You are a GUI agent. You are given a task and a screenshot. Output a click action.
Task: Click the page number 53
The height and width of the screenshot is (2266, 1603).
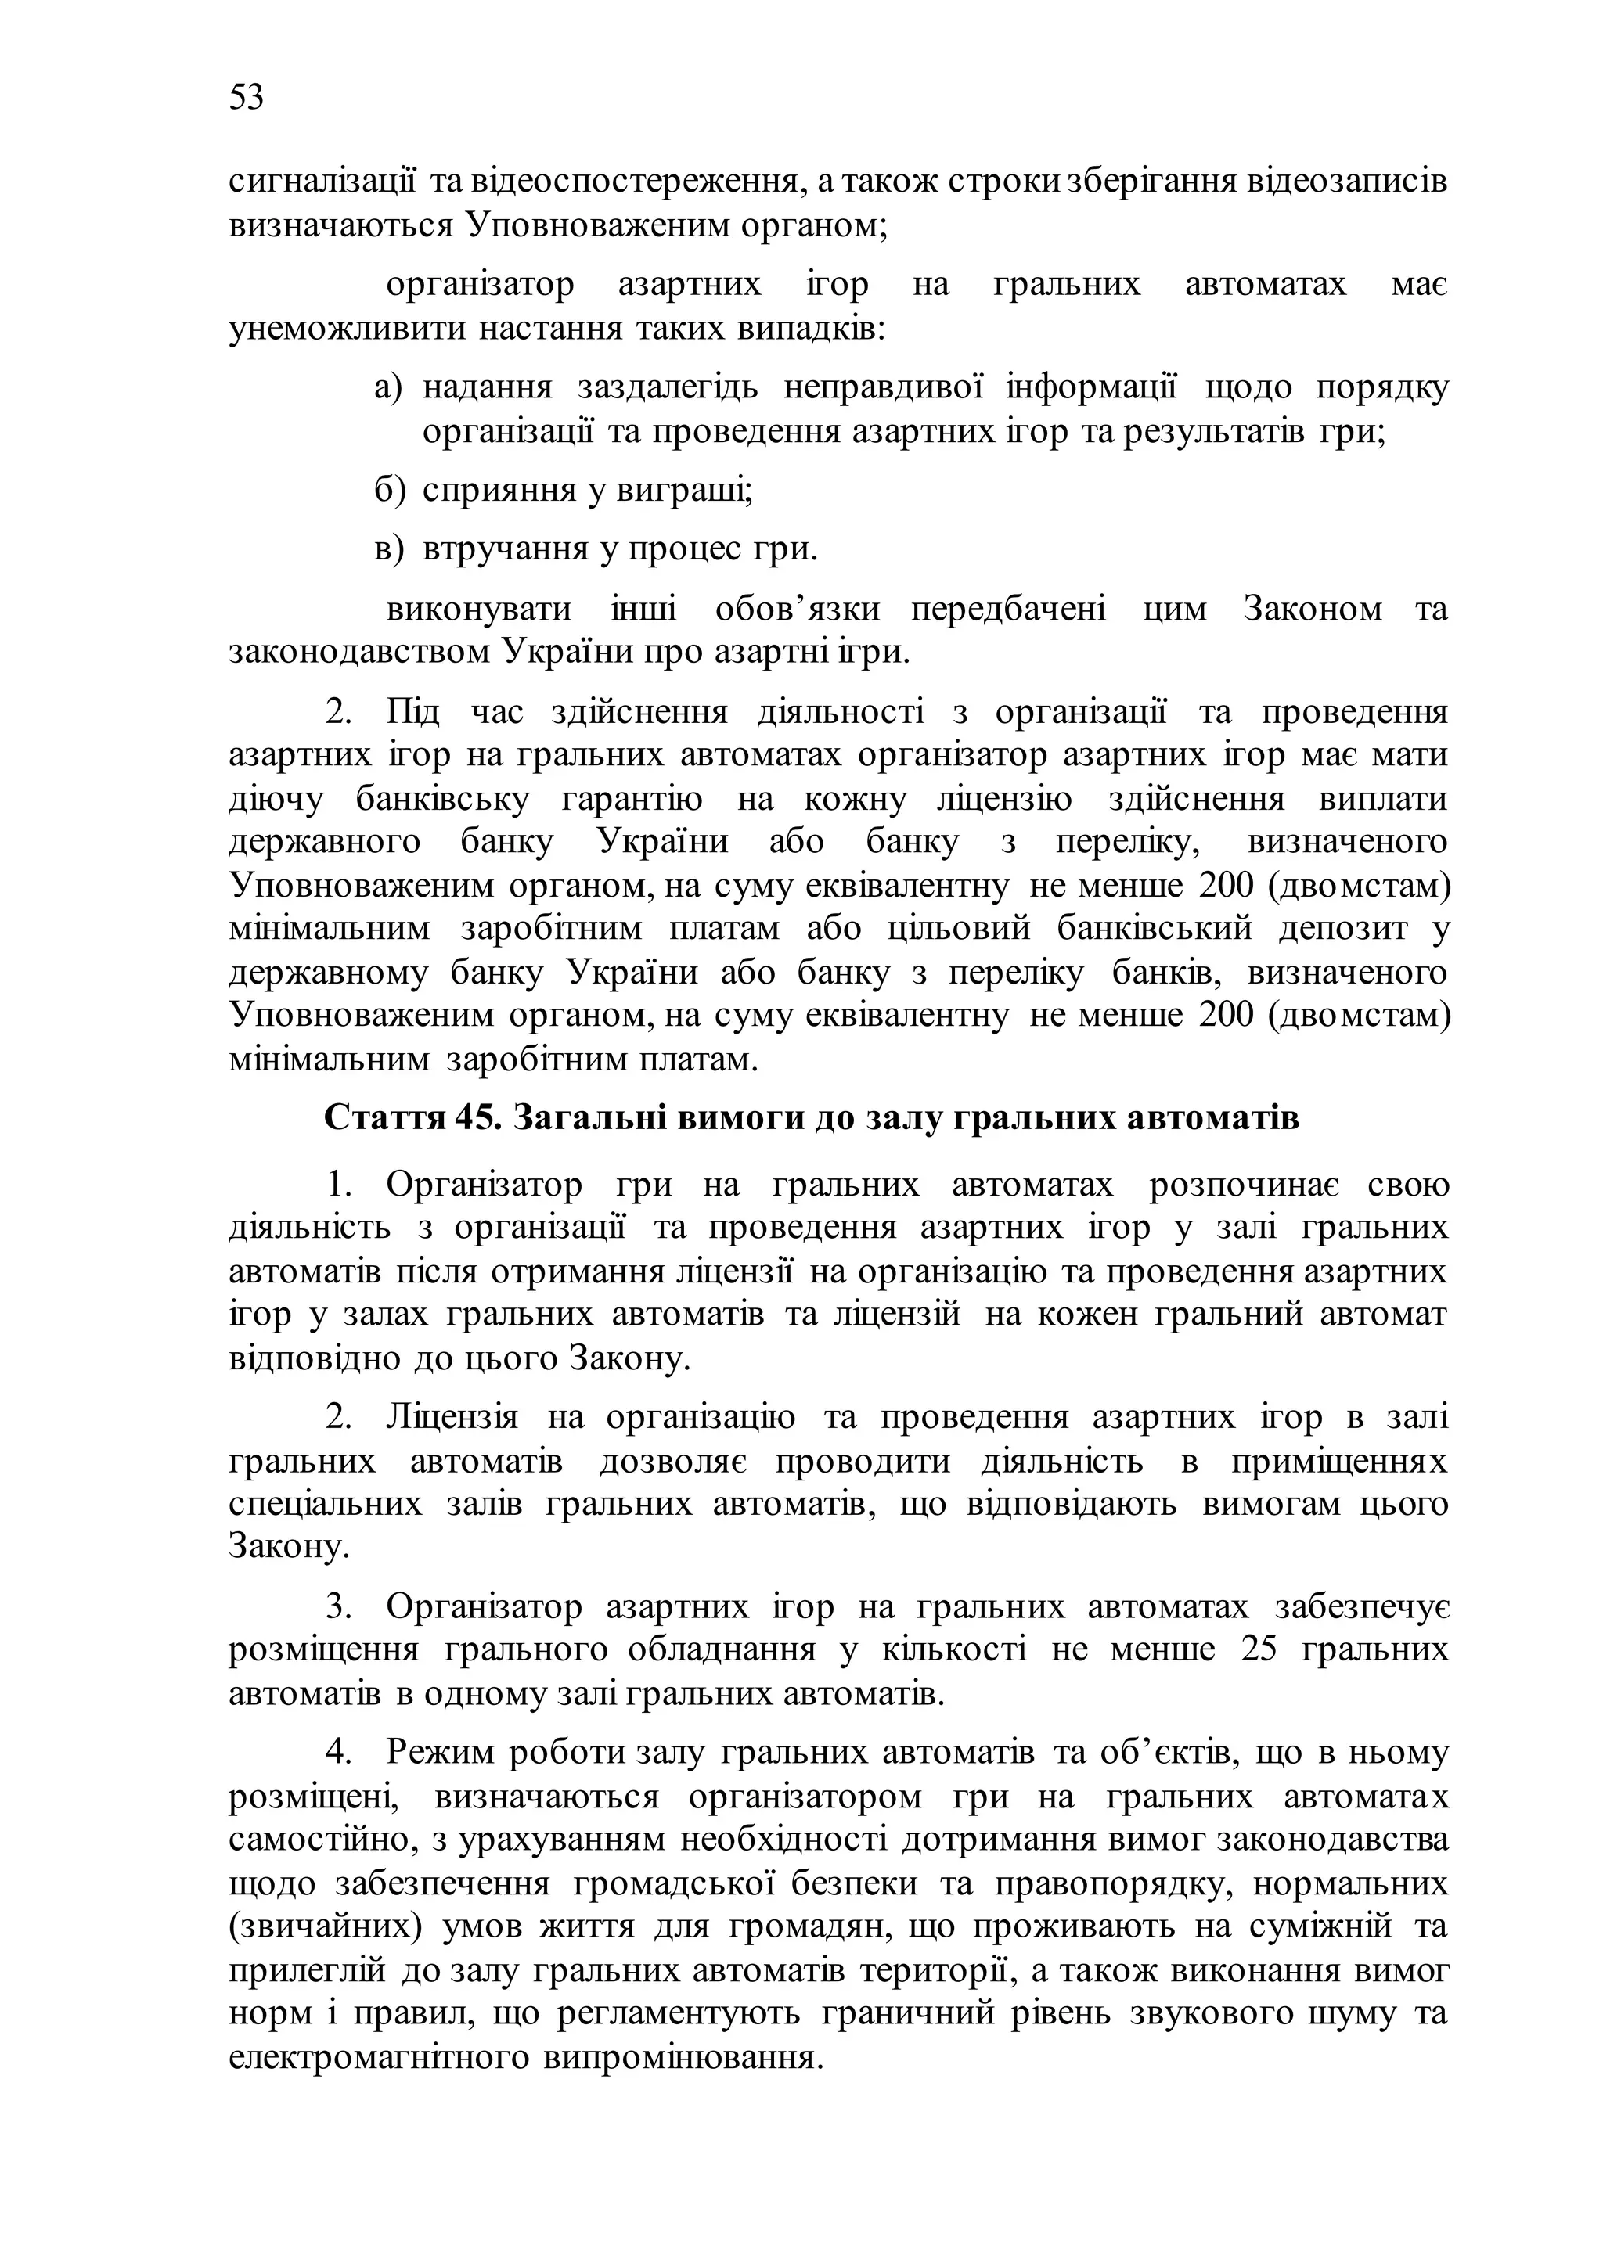[x=246, y=98]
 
